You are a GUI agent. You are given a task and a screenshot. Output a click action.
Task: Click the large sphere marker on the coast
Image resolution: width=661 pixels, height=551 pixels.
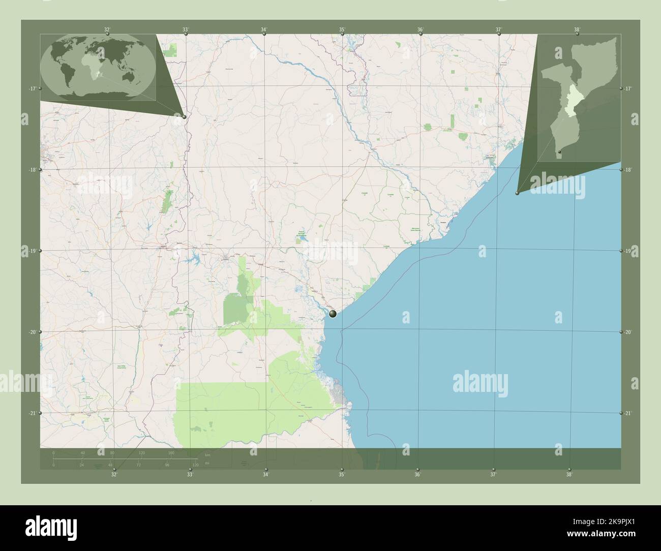[333, 314]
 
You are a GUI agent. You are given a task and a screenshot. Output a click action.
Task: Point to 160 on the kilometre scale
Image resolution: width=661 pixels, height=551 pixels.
[171, 452]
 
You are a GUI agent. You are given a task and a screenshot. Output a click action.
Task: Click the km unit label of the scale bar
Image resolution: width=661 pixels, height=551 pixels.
[207, 454]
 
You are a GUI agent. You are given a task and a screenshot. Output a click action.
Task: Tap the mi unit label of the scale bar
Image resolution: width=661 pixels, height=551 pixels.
[206, 464]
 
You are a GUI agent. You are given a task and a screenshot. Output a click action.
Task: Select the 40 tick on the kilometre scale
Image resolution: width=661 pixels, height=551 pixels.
[82, 452]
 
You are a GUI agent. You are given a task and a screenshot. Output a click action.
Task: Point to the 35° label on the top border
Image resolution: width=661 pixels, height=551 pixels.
[343, 29]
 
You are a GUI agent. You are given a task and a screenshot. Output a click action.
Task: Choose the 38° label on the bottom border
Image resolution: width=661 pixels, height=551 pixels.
[569, 474]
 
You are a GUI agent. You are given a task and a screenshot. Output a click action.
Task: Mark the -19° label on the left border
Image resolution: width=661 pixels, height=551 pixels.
[32, 251]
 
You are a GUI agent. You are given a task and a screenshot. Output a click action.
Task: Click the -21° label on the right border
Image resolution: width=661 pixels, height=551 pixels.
[628, 414]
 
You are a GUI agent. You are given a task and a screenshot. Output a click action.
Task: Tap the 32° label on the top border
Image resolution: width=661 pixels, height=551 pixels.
[107, 29]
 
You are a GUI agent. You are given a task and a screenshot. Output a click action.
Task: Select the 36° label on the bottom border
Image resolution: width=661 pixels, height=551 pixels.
[417, 474]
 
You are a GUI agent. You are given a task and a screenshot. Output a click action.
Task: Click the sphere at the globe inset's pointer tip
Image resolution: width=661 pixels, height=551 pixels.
[184, 117]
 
